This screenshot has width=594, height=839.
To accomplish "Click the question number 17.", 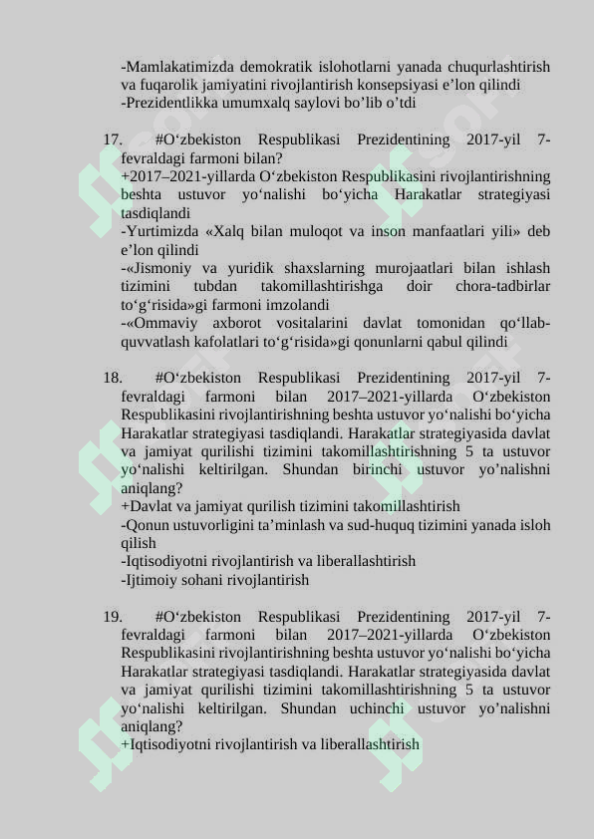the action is [112, 140].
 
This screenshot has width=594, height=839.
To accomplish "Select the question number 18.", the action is [112, 378].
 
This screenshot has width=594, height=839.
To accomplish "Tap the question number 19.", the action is [112, 617].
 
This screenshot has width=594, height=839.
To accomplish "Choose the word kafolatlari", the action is [231, 342].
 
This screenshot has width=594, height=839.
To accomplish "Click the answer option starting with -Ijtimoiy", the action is [214, 579].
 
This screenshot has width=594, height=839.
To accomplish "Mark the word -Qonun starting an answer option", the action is [143, 524].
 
